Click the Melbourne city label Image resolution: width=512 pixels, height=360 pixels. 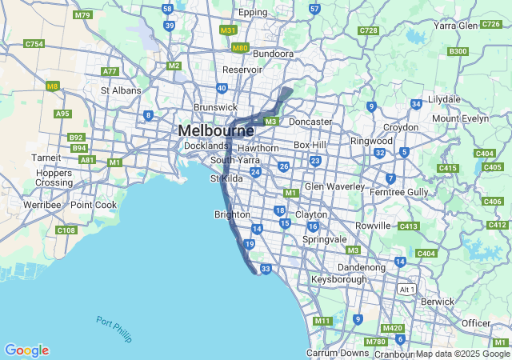[x=216, y=130]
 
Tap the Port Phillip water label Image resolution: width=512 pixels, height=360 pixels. [x=114, y=329]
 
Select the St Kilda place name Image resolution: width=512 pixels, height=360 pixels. [x=226, y=178]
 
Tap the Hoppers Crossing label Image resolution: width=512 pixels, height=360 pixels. [x=54, y=177]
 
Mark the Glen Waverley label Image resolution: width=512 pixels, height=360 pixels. [x=334, y=186]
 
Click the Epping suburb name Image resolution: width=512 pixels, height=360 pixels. [x=253, y=13]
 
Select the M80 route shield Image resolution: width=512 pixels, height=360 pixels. [x=240, y=48]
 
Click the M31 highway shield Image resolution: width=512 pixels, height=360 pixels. [x=228, y=30]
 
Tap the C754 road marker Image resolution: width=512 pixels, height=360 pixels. [x=34, y=44]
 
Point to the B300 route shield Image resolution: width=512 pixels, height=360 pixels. [x=458, y=51]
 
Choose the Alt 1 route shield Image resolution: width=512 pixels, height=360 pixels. [x=407, y=288]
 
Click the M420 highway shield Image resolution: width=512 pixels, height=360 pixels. [x=393, y=328]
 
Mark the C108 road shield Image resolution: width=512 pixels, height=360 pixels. [x=66, y=230]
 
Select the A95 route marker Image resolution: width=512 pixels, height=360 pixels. [x=62, y=114]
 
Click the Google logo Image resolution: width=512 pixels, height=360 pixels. [x=26, y=350]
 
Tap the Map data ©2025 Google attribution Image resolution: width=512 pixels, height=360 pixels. [x=462, y=354]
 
